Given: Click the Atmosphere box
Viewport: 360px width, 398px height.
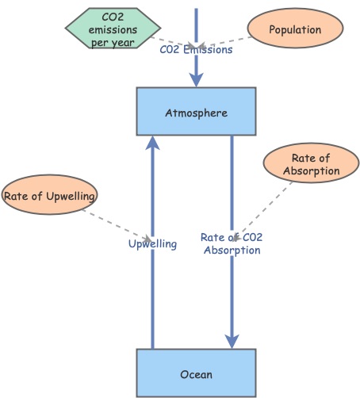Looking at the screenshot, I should [196, 111].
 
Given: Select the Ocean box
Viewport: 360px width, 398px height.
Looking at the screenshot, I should [196, 373].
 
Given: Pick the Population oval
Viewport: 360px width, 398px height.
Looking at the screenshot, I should [295, 30].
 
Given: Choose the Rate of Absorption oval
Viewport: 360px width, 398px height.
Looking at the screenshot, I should [310, 165].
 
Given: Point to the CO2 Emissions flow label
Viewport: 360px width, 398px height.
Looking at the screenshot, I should [196, 49].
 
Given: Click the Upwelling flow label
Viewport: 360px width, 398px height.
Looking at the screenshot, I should [152, 244].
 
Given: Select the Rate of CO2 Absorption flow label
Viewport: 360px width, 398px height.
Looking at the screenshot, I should [231, 243].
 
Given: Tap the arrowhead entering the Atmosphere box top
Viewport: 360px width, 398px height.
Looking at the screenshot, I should [196, 80].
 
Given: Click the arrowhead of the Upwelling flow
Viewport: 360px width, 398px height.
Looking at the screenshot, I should [152, 143].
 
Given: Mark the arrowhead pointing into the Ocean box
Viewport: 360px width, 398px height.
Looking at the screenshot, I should [232, 341].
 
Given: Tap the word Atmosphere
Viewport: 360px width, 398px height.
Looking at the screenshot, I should [196, 113].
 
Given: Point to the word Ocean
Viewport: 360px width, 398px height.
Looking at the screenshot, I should [196, 373].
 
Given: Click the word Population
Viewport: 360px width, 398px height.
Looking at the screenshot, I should [295, 30].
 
